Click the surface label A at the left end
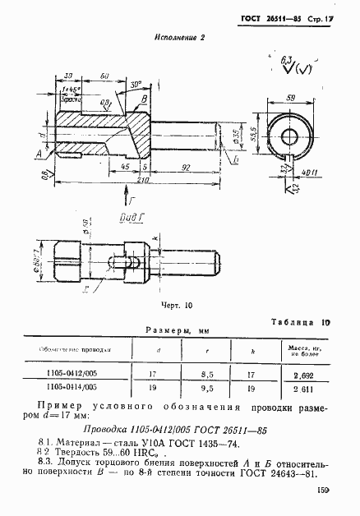pyautogui.click(x=39, y=153)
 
